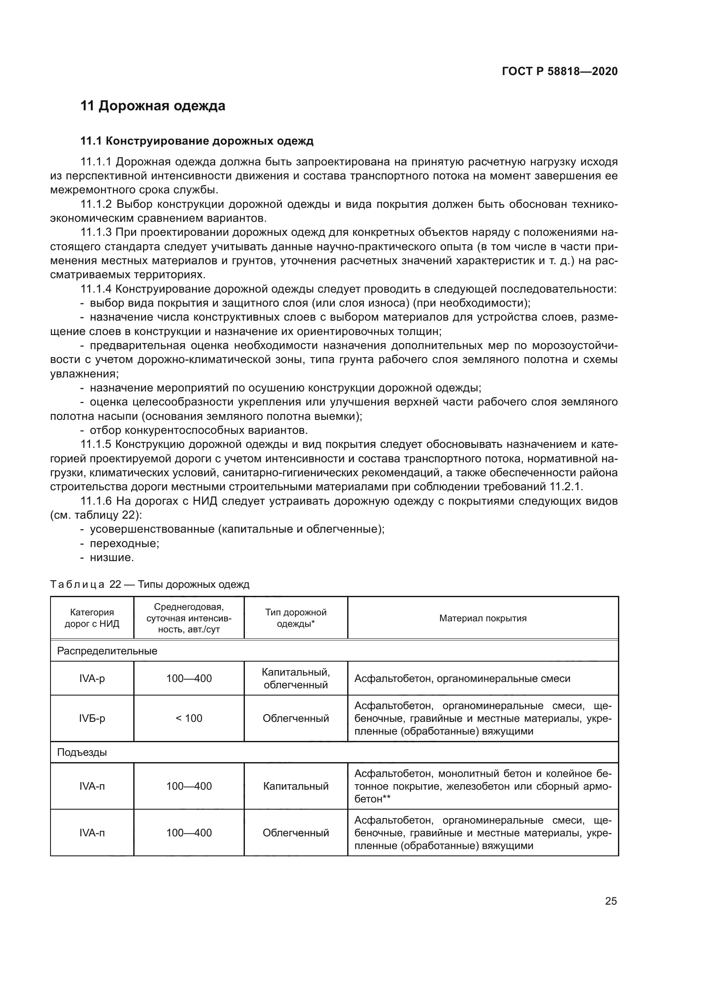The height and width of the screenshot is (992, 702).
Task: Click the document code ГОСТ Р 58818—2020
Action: coord(559,71)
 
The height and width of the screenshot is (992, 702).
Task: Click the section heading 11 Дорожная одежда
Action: coord(153,106)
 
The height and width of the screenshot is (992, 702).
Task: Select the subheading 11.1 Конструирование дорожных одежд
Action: coord(197,141)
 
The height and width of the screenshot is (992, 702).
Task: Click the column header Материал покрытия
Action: coord(483,618)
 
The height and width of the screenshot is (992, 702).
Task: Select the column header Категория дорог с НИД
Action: coord(92,618)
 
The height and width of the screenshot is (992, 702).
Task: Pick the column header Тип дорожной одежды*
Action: coord(296,618)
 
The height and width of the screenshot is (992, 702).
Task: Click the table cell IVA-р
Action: coord(92,679)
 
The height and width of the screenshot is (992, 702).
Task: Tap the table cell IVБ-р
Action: coord(92,718)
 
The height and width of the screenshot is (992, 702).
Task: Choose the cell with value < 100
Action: coord(189,718)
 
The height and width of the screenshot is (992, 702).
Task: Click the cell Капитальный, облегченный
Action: coord(296,679)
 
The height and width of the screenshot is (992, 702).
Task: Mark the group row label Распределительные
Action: coord(107,651)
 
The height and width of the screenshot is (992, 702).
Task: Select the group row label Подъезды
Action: coord(82,752)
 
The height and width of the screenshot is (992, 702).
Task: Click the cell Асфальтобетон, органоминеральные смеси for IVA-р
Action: coord(462,679)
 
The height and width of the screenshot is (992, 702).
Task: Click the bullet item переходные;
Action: coord(124,544)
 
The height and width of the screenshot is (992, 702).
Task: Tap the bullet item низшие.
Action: coord(112,558)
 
